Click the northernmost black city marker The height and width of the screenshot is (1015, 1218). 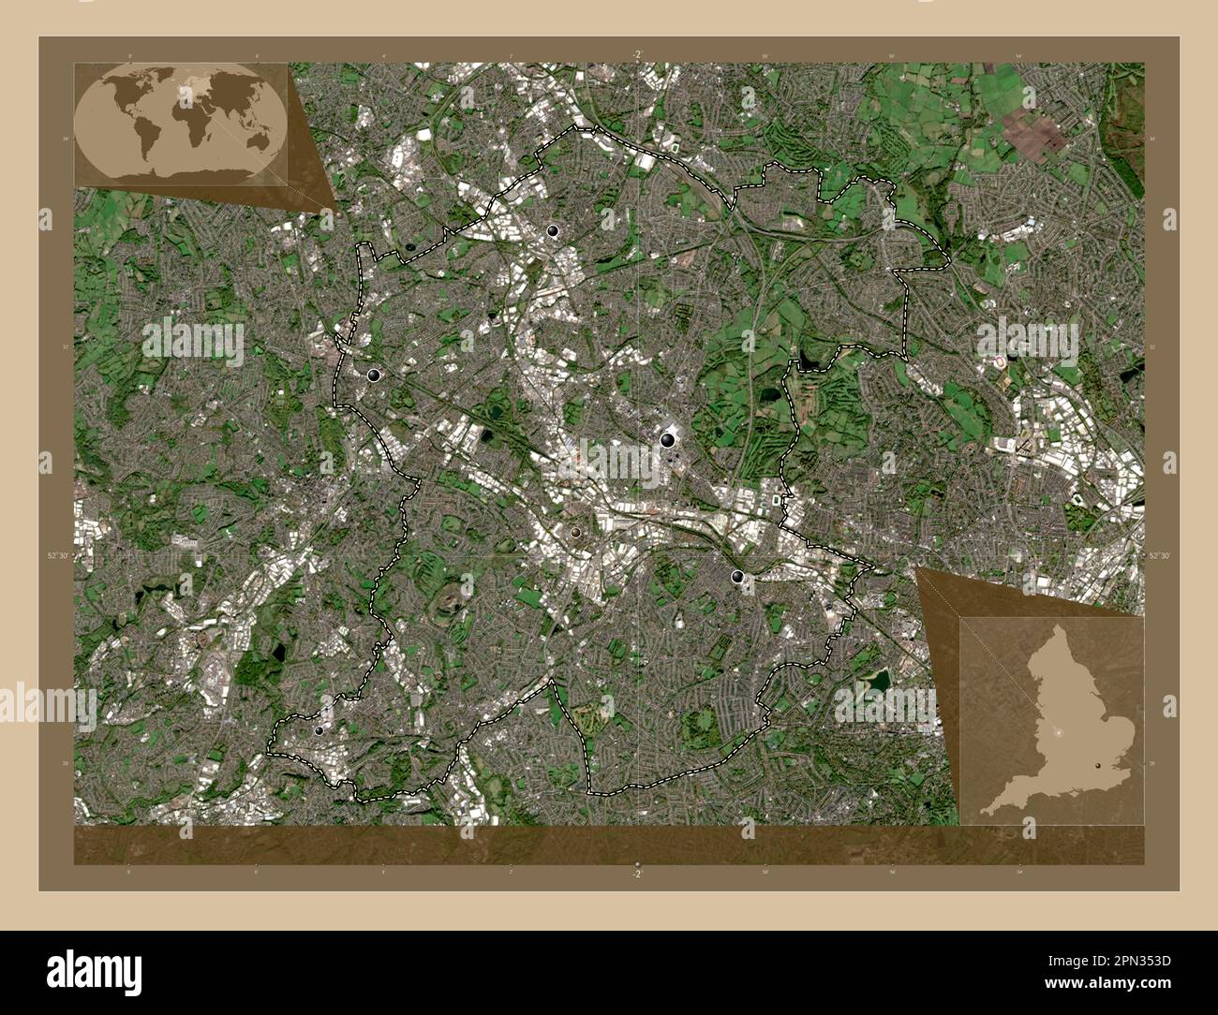pyautogui.click(x=554, y=230)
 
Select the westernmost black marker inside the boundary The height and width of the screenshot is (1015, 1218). pyautogui.click(x=375, y=375)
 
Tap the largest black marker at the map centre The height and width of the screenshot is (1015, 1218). pyautogui.click(x=668, y=437)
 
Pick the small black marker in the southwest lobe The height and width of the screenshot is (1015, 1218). pyautogui.click(x=319, y=730)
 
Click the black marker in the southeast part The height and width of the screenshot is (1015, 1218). pyautogui.click(x=738, y=577)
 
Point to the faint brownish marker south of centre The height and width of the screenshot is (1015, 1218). pyautogui.click(x=575, y=532)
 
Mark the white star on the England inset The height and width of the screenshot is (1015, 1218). pyautogui.click(x=1060, y=730)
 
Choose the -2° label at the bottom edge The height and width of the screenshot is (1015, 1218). pyautogui.click(x=637, y=873)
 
